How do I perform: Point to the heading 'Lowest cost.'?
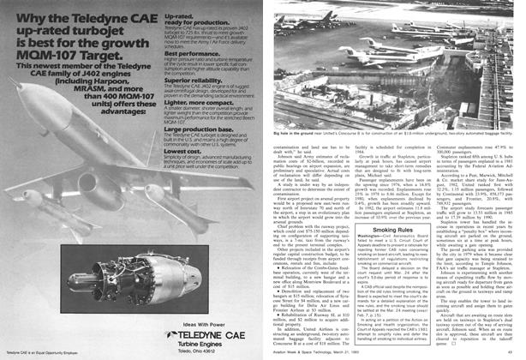pos(182,149)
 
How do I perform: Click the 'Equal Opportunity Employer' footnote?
pos(42,352)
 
